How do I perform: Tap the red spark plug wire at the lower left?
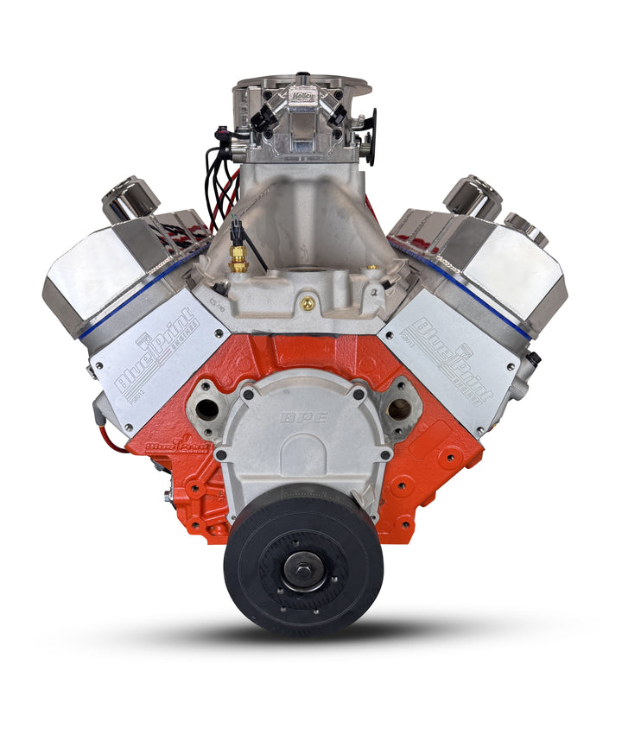(x=110, y=438)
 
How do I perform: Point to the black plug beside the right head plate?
(x=536, y=358)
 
